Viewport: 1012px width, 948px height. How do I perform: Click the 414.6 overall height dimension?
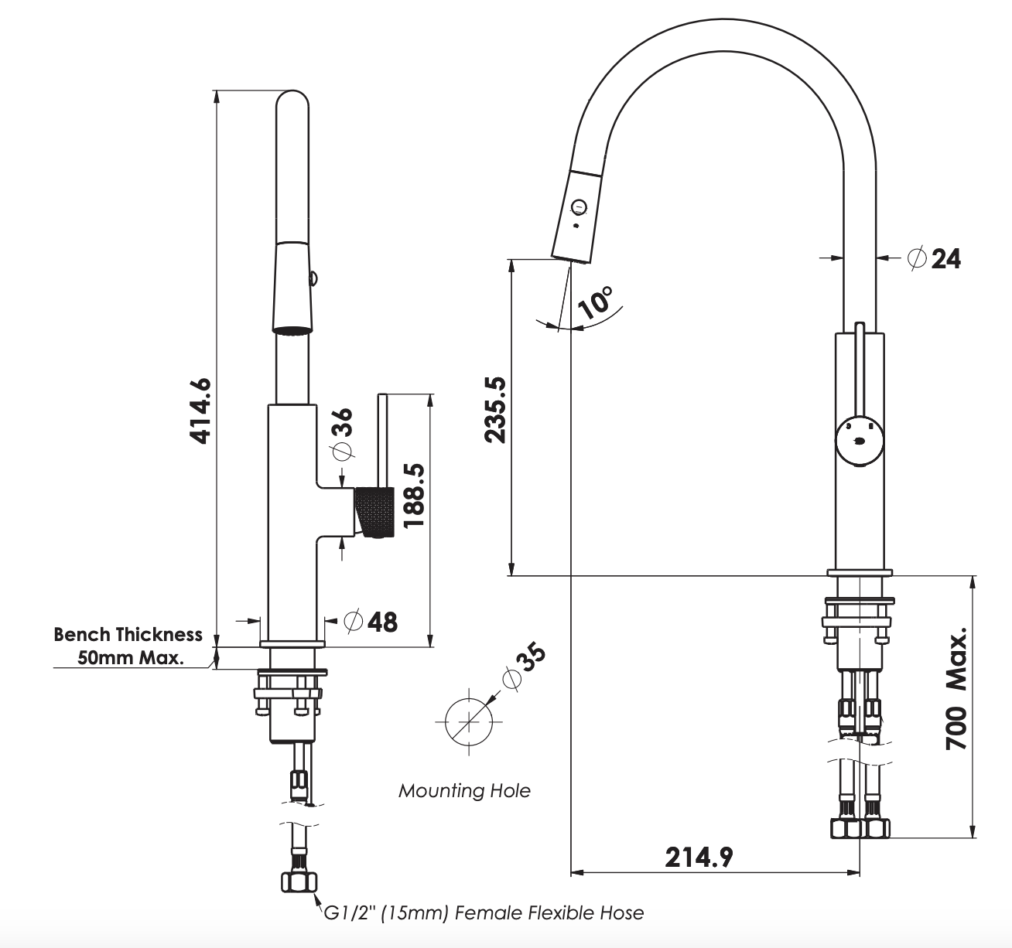point(200,411)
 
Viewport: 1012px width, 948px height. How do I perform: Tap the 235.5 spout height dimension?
point(495,409)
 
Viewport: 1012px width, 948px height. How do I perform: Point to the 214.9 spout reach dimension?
point(699,856)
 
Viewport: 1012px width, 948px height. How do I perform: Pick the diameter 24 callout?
point(935,258)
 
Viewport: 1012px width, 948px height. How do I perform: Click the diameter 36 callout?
point(341,435)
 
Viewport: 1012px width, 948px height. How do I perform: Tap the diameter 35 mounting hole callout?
point(524,667)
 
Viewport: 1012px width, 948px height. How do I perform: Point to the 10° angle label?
point(597,303)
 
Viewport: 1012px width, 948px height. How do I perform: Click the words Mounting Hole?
point(464,790)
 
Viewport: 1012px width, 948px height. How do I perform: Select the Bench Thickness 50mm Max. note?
point(128,646)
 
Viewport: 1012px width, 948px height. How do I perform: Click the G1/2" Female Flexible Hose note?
point(483,913)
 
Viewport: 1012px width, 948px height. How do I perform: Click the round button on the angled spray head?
point(578,206)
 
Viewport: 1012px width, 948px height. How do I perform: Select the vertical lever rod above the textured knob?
point(383,441)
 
